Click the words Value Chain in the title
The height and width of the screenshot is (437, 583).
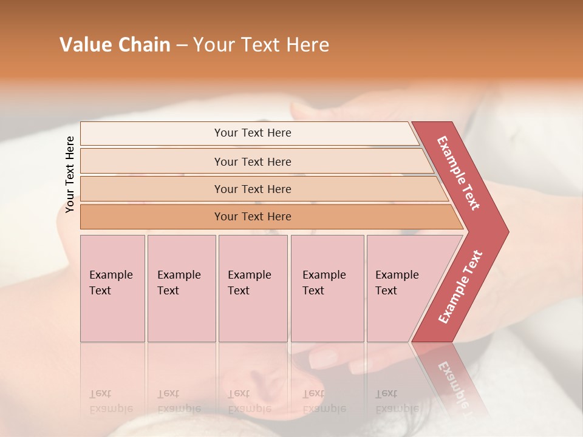pos(115,45)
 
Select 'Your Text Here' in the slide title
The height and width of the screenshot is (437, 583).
pos(261,45)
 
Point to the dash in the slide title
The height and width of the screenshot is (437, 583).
pos(182,46)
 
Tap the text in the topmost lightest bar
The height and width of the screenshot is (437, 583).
pos(253,133)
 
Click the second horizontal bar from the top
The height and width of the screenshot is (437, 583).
pos(253,161)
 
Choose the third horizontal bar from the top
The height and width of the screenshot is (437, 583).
pos(253,189)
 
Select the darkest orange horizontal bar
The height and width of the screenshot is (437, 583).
pos(253,217)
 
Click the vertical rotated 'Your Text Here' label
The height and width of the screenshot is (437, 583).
pos(70,174)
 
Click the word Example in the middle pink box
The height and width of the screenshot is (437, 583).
pos(250,275)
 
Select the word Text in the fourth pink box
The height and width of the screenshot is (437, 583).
pos(313,291)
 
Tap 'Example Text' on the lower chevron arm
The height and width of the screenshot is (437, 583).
pos(460,287)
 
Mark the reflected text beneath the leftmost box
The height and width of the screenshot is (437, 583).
pos(111,401)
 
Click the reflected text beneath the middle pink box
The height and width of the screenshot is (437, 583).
pos(249,401)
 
